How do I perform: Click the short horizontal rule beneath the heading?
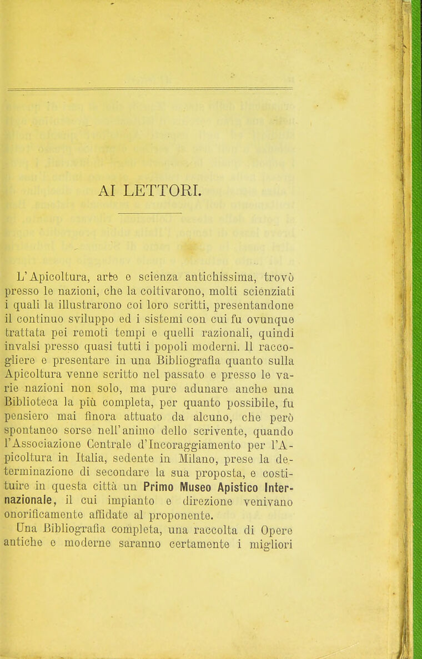149,212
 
